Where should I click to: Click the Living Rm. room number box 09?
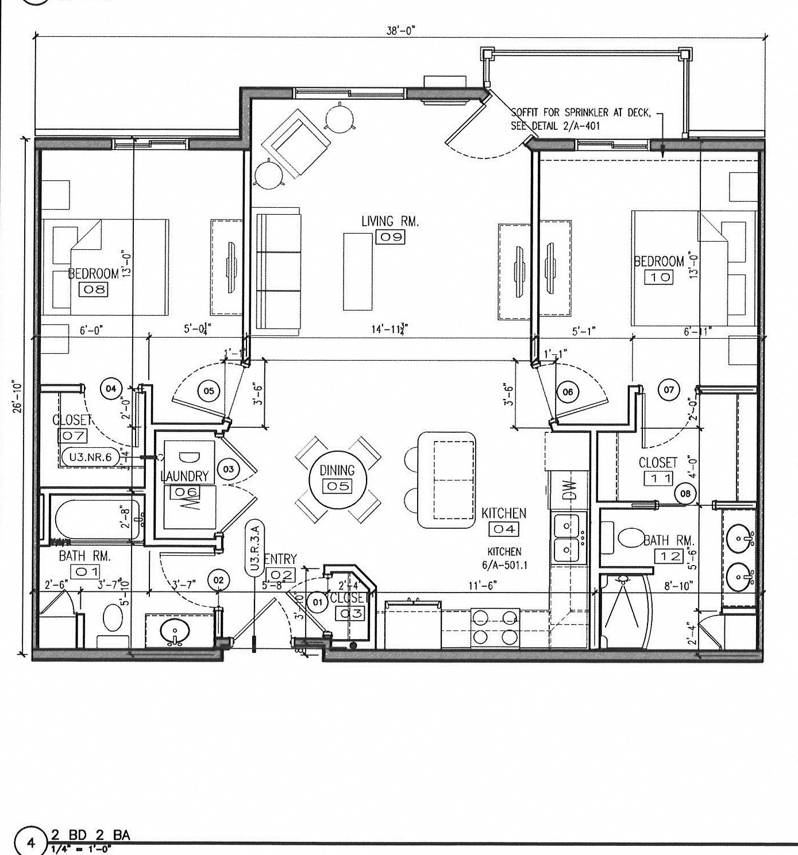[390, 237]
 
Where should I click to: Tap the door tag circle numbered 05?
[209, 391]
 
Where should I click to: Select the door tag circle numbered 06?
[568, 392]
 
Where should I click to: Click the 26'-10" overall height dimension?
[19, 396]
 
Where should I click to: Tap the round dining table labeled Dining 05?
[337, 478]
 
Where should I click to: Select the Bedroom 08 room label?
[94, 273]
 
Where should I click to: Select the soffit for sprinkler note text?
[580, 119]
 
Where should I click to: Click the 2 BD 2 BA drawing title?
[90, 834]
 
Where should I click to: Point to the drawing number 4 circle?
[32, 843]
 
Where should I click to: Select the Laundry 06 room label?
[184, 476]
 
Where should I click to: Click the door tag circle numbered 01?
[317, 602]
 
